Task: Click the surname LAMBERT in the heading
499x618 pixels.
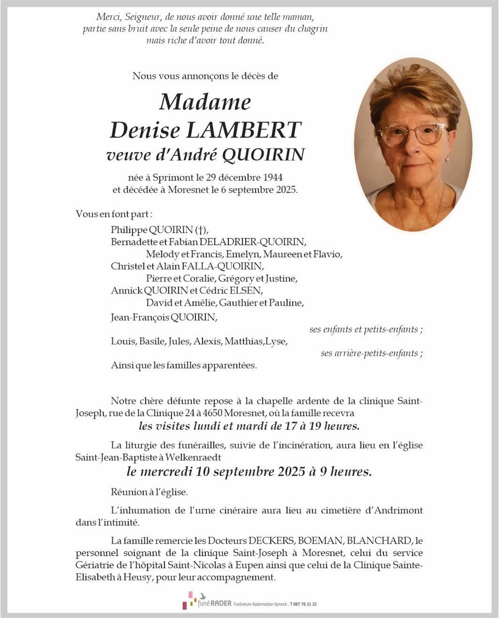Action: coord(243,130)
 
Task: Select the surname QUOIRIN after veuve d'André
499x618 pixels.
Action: coord(263,155)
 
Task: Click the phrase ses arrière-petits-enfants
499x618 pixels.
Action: coord(370,353)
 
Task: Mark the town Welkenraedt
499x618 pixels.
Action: coord(193,457)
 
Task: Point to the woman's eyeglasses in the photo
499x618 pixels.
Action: coord(413,134)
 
